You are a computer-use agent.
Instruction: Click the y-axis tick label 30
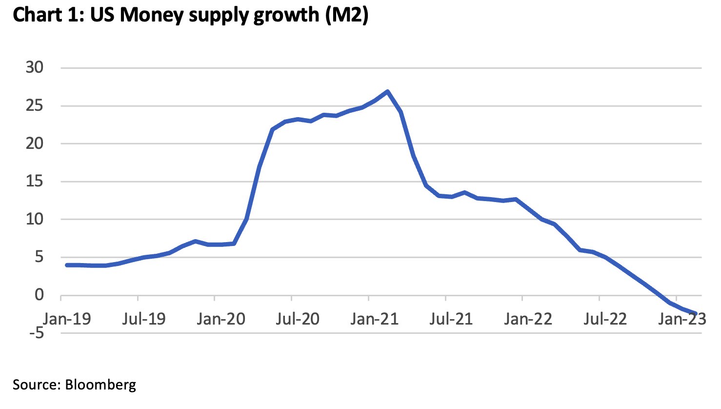(35, 67)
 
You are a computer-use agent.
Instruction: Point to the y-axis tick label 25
(35, 105)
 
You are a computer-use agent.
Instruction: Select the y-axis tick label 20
(35, 143)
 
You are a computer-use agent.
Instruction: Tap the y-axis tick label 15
(35, 182)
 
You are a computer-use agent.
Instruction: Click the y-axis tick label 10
(35, 219)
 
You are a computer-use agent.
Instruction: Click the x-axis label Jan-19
(67, 319)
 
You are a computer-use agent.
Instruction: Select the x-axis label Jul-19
(143, 319)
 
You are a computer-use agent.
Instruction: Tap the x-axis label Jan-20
(221, 319)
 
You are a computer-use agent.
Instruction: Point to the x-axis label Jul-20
(297, 319)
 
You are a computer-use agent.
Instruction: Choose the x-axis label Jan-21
(375, 319)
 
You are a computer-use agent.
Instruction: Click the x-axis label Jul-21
(451, 319)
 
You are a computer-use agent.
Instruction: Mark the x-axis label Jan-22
(528, 319)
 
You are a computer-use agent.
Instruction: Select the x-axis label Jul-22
(605, 319)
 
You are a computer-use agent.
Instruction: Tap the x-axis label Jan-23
(682, 319)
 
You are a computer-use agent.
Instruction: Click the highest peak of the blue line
(387, 91)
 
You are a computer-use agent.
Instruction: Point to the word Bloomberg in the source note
(100, 385)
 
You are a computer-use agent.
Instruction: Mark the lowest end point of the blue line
(695, 313)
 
